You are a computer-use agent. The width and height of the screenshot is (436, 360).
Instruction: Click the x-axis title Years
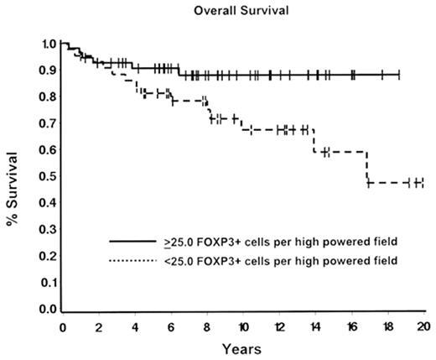pyautogui.click(x=243, y=347)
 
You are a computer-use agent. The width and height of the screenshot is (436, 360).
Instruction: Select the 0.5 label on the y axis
pyautogui.click(x=49, y=176)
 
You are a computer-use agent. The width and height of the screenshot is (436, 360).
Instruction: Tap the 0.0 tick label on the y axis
pyautogui.click(x=49, y=310)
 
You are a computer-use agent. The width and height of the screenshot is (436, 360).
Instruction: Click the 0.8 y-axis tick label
pyautogui.click(x=49, y=97)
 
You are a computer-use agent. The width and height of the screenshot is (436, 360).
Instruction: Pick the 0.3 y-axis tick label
pyautogui.click(x=49, y=230)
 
